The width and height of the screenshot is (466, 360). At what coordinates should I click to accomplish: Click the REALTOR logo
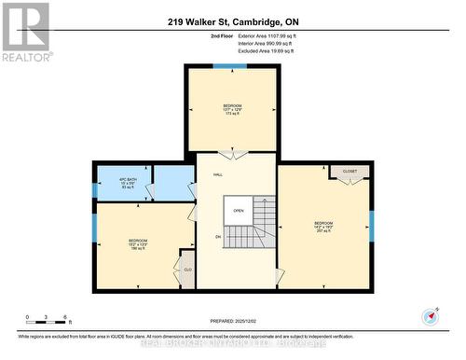25,32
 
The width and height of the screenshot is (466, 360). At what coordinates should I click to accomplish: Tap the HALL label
218,174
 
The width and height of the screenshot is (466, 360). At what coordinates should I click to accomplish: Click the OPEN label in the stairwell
239,210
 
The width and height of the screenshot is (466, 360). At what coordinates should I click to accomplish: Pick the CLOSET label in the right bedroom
349,173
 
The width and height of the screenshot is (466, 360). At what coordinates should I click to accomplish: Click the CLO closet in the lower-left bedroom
186,269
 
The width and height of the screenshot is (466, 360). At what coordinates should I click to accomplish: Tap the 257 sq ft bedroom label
323,232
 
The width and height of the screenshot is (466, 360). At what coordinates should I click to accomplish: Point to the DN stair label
218,237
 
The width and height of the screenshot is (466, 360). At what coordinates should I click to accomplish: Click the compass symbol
430,316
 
